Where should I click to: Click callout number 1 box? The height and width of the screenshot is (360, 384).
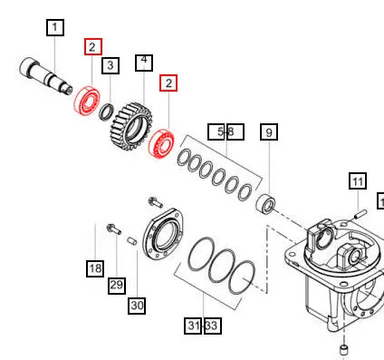55,28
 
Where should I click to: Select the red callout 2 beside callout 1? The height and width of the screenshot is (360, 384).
93,46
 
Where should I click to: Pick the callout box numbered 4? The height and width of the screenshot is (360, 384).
143,63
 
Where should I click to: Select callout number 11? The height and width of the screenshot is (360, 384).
357,181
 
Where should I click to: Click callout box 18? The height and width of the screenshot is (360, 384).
95,268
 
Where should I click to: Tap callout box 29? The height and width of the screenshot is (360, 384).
117,286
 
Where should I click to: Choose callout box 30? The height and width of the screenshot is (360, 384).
137,305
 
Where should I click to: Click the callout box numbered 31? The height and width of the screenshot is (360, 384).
193,325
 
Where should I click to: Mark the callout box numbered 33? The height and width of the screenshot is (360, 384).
212,325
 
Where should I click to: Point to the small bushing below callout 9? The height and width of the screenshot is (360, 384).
265,202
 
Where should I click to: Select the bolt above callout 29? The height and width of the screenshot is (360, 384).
113,229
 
